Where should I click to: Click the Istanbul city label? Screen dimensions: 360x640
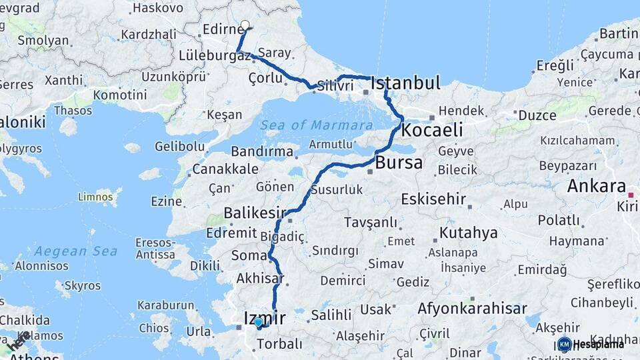coord(405,83)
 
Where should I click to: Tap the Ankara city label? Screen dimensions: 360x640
coord(596,186)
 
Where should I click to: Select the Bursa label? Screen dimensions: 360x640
coord(399,163)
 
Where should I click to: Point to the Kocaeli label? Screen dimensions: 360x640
coord(432,129)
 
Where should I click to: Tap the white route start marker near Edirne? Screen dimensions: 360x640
coord(245,25)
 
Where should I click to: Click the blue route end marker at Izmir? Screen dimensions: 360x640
coord(258,322)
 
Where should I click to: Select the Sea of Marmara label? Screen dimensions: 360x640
coord(316,125)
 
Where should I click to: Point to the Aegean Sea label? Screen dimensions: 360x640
coord(75,251)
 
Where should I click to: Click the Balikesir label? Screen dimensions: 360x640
coord(249,213)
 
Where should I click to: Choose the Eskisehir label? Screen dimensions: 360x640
coord(434,199)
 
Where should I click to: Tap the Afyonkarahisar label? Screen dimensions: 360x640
coord(472,309)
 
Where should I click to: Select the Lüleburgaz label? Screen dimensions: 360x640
coord(215,56)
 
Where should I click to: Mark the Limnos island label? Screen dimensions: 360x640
coord(95,197)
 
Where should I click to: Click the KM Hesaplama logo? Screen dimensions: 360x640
coord(591,344)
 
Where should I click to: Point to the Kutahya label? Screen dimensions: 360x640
coord(468,233)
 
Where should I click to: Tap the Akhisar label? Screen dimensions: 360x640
coord(260,279)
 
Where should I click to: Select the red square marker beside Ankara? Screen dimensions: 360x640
coord(631,195)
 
